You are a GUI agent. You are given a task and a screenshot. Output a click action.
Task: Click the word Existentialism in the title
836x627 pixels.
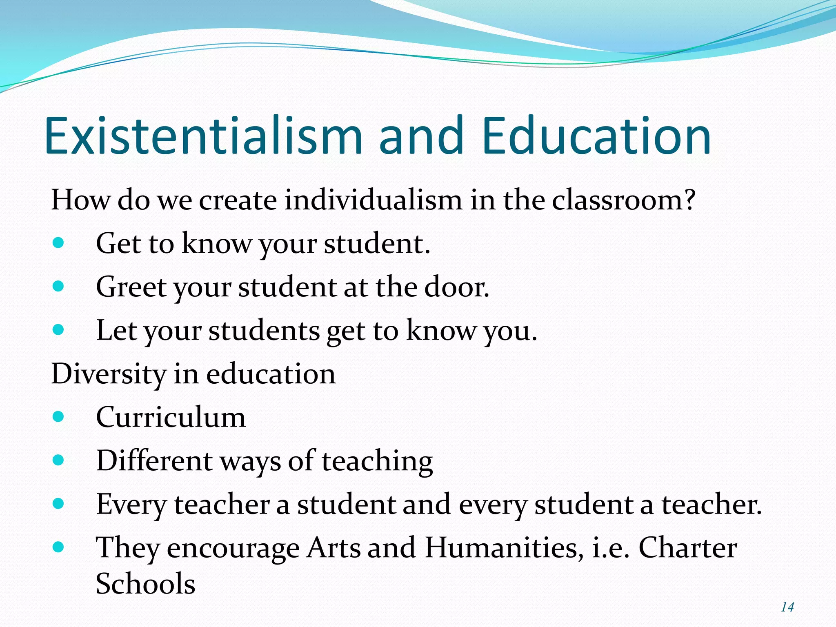(203, 136)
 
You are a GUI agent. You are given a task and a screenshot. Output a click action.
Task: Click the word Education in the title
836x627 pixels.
(596, 136)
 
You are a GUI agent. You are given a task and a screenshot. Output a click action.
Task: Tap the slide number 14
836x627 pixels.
(787, 607)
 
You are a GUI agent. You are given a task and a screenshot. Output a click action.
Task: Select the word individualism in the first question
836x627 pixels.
(373, 200)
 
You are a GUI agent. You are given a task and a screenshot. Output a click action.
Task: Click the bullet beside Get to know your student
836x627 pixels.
(58, 243)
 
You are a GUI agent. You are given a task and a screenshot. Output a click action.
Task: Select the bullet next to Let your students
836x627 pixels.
(58, 330)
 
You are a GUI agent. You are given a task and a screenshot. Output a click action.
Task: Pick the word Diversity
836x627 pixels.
(109, 374)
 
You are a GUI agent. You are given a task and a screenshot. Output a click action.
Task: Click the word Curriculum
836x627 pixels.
(171, 418)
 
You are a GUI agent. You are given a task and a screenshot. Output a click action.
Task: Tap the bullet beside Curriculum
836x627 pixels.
(58, 417)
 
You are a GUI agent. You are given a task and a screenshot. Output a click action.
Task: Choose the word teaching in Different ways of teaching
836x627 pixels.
(377, 462)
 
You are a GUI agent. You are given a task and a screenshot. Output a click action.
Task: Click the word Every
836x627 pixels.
(131, 505)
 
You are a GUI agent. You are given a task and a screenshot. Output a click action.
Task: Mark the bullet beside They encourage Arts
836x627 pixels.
(58, 547)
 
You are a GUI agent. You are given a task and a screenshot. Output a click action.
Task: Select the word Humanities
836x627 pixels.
(504, 548)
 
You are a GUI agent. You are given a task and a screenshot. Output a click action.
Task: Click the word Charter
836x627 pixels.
(687, 548)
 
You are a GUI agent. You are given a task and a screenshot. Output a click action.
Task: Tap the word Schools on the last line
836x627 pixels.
(145, 584)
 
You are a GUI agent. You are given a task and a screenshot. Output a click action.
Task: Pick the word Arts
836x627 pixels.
(334, 548)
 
